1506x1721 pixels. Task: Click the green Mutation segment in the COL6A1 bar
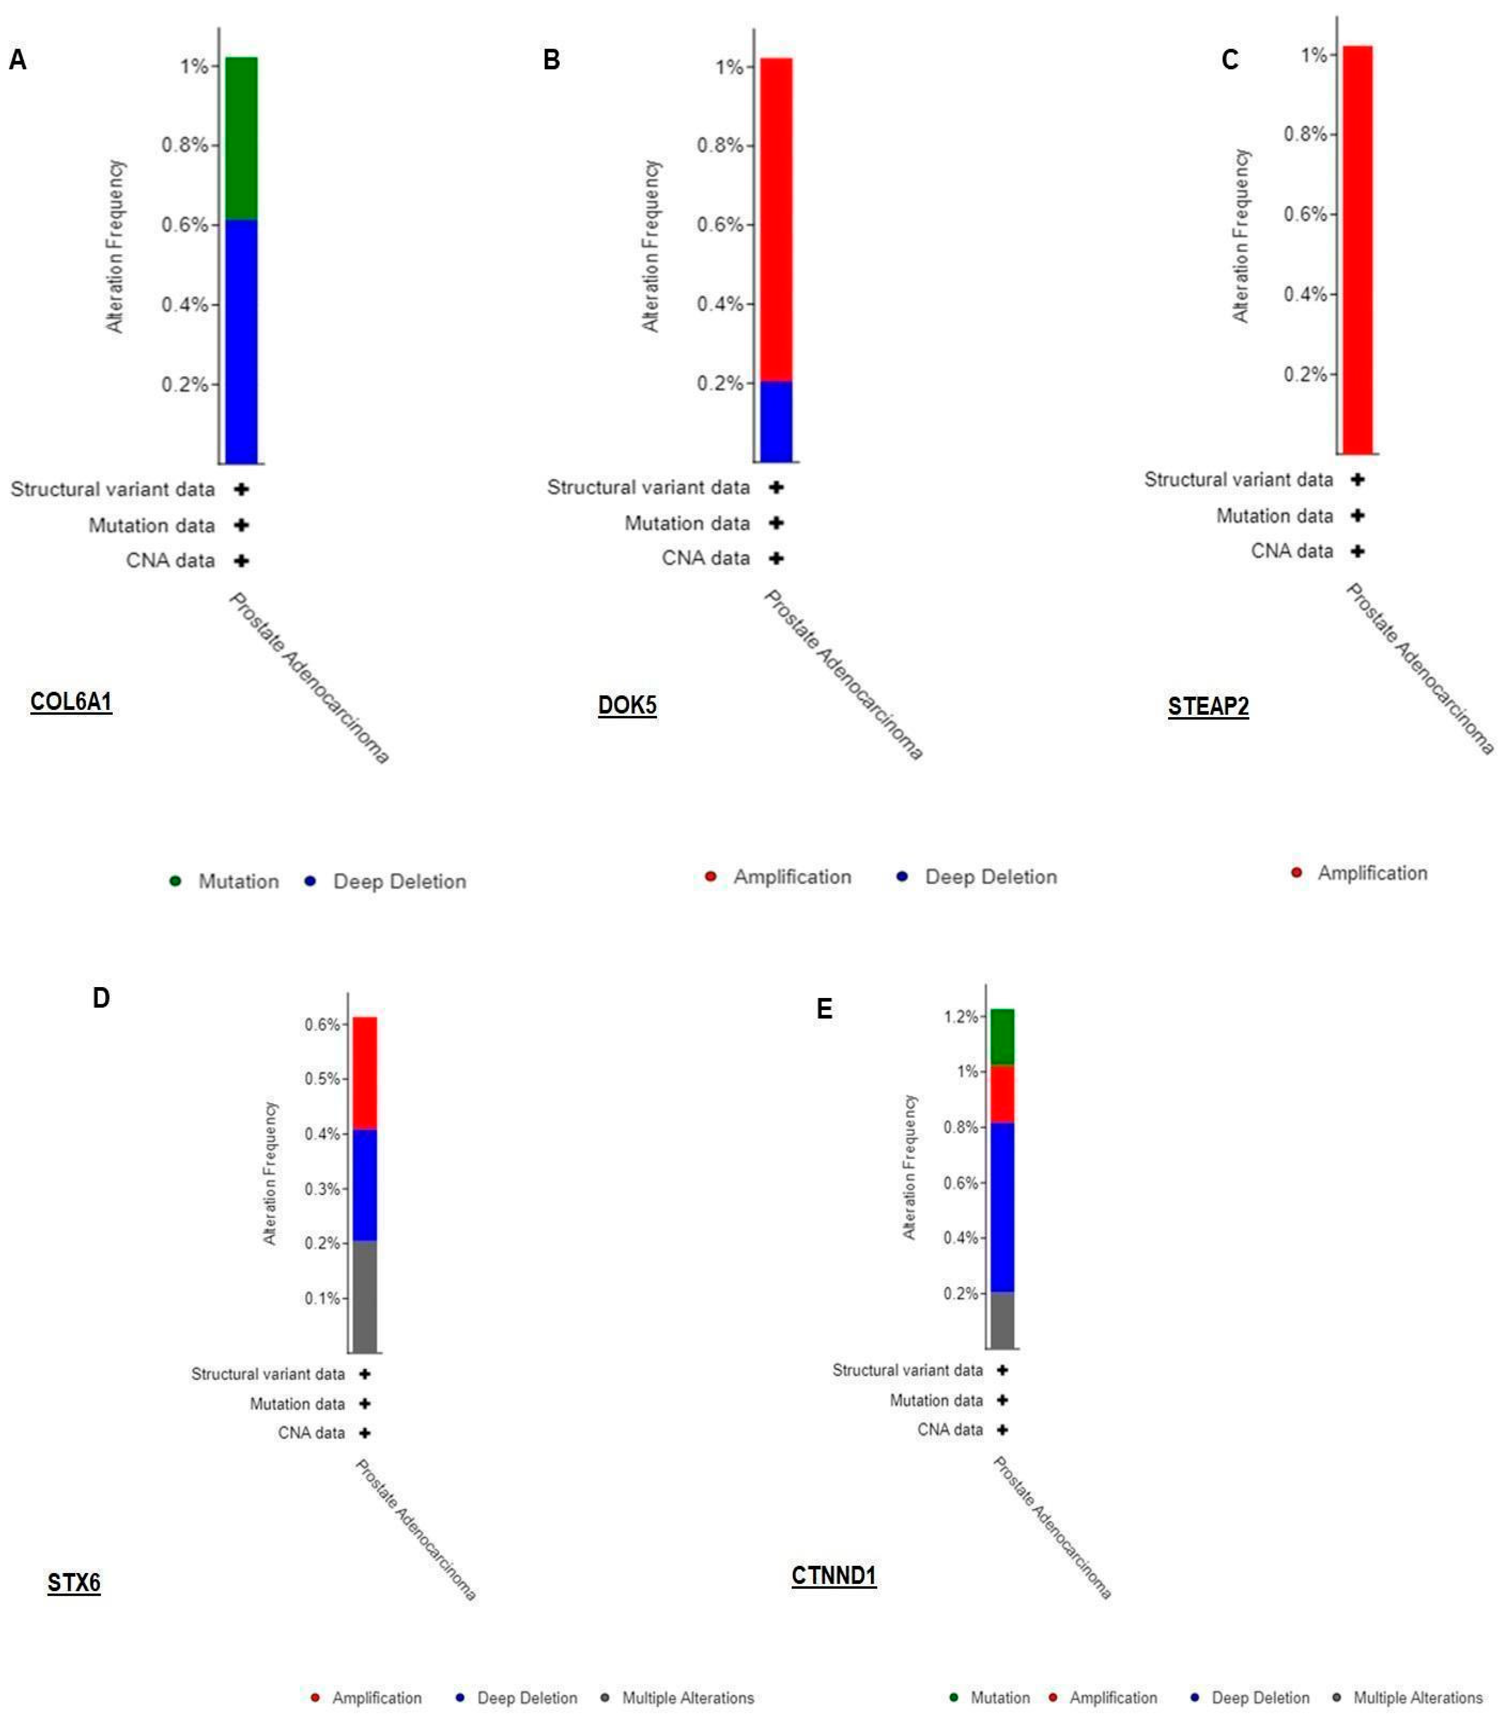[x=241, y=139]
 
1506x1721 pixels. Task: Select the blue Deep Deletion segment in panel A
[x=241, y=340]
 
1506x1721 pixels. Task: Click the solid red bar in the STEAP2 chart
[x=1357, y=249]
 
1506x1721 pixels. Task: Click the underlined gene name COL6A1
[x=71, y=702]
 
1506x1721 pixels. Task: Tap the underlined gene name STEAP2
[x=1207, y=706]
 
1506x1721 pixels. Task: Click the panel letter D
[x=101, y=998]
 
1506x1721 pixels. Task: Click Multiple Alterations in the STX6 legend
[x=688, y=1698]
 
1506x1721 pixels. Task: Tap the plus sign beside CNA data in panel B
[x=776, y=558]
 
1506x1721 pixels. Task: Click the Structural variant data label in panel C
[x=1238, y=480]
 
